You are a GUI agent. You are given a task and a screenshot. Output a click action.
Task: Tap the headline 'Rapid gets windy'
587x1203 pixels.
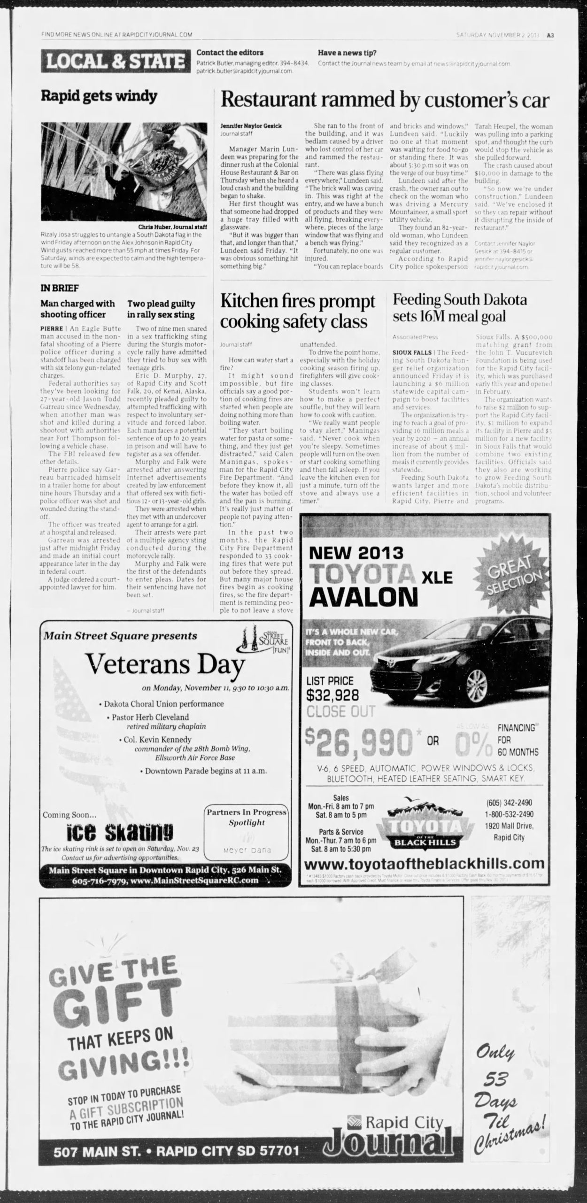[x=99, y=96]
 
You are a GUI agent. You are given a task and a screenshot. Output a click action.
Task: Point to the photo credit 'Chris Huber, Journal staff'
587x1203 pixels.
[x=172, y=226]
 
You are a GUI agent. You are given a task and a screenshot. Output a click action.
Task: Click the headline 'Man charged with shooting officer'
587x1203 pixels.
[x=77, y=309]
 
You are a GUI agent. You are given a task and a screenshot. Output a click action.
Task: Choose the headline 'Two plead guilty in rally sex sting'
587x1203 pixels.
[x=161, y=309]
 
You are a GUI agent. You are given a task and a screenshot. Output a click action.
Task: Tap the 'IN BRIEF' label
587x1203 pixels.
[x=59, y=288]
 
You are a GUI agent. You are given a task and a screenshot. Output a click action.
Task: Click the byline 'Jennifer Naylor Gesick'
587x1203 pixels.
[x=251, y=126]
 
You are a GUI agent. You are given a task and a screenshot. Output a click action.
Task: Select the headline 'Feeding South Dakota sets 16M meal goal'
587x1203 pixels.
[x=460, y=307]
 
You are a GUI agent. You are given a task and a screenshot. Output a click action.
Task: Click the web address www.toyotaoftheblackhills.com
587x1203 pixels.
[x=425, y=863]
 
